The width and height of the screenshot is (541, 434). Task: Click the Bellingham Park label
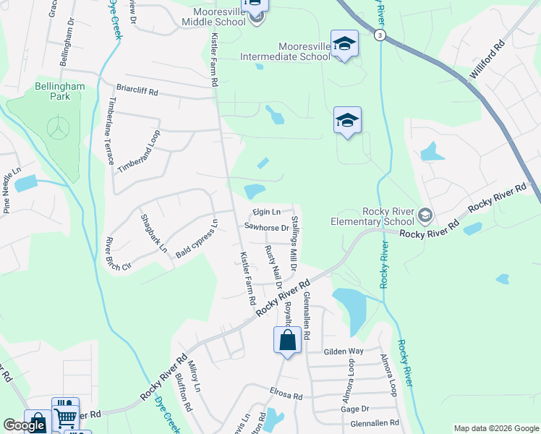pyautogui.click(x=60, y=91)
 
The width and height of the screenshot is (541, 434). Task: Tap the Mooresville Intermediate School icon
pyautogui.click(x=345, y=43)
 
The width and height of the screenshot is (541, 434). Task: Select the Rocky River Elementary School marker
pyautogui.click(x=426, y=214)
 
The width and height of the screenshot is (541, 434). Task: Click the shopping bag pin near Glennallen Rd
pyautogui.click(x=287, y=339)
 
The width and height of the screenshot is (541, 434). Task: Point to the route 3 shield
pyautogui.click(x=380, y=35)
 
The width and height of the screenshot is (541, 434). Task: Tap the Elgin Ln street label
pyautogui.click(x=266, y=212)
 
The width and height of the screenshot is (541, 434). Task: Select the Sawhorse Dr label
pyautogui.click(x=266, y=226)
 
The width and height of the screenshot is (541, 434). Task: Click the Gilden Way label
pyautogui.click(x=344, y=351)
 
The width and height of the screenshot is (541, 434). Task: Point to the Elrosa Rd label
pyautogui.click(x=286, y=396)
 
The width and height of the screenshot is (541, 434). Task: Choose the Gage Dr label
pyautogui.click(x=354, y=409)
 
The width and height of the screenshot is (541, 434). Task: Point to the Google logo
pyautogui.click(x=25, y=425)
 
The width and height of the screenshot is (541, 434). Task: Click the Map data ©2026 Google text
pyautogui.click(x=495, y=428)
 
